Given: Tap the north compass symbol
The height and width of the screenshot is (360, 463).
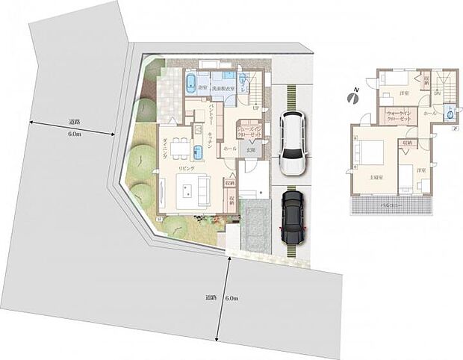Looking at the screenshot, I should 352,96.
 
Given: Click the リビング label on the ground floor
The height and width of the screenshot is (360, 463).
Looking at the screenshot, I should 186,170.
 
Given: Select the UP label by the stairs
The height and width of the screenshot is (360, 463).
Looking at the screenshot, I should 256,108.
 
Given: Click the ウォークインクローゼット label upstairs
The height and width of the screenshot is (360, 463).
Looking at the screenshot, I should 397,117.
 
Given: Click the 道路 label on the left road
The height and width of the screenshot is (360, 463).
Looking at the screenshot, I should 74,122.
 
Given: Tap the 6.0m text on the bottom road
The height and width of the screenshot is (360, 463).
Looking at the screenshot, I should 232,298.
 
